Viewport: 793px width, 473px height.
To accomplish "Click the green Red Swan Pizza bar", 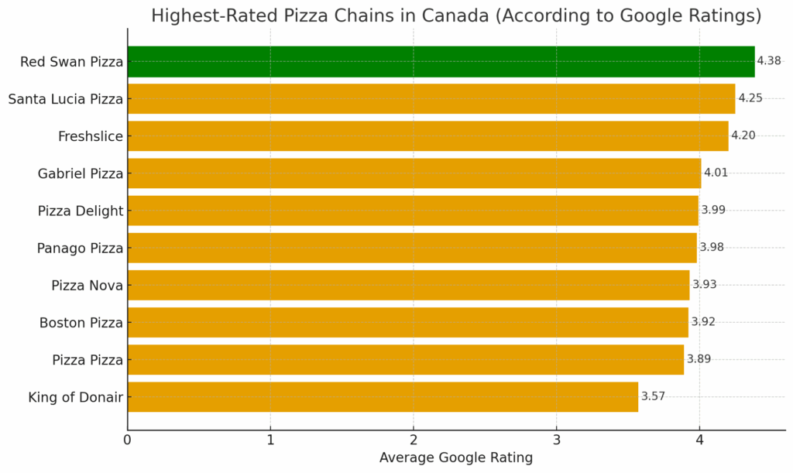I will pos(441,62).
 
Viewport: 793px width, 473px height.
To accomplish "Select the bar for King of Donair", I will pos(383,397).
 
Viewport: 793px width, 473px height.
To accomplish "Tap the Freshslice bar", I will pos(427,136).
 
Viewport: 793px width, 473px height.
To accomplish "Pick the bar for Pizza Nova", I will pos(408,285).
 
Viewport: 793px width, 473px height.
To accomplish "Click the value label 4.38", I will pos(769,61).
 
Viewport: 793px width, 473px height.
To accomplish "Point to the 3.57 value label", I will pos(653,396).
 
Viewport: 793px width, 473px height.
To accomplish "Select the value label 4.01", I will pos(716,173).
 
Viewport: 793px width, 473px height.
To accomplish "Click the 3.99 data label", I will pos(713,210).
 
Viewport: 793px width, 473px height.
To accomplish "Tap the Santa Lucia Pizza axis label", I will pos(66,99).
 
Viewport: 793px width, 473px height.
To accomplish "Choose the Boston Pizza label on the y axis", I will pos(81,323).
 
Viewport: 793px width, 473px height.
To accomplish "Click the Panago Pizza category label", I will pos(80,248).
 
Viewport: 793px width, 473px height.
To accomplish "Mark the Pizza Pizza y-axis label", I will pos(88,360).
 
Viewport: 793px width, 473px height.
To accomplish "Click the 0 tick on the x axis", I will pos(128,440).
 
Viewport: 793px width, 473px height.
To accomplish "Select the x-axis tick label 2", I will pos(414,440).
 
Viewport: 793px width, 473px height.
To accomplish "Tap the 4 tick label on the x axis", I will pos(699,440).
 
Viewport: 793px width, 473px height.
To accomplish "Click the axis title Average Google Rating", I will pos(455,458).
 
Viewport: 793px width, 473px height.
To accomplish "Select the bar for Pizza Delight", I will pos(413,211).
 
